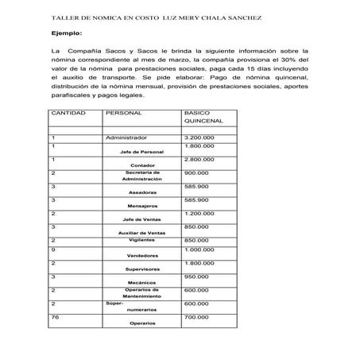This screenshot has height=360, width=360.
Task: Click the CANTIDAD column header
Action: click(68, 114)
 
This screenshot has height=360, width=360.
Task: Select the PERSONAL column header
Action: click(124, 114)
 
